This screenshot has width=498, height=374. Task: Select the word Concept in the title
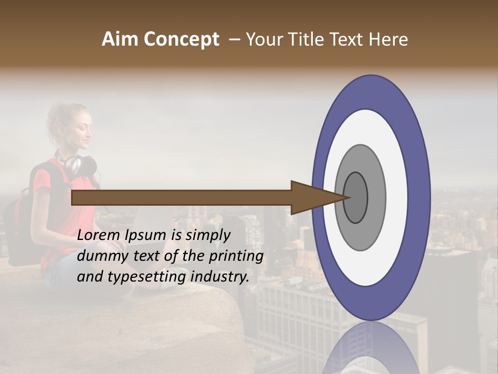181,39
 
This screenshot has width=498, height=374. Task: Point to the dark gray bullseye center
355,197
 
